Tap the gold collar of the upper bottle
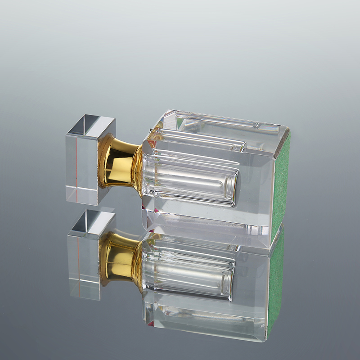pyautogui.click(x=118, y=162)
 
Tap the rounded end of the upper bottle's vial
pyautogui.click(x=232, y=184)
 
